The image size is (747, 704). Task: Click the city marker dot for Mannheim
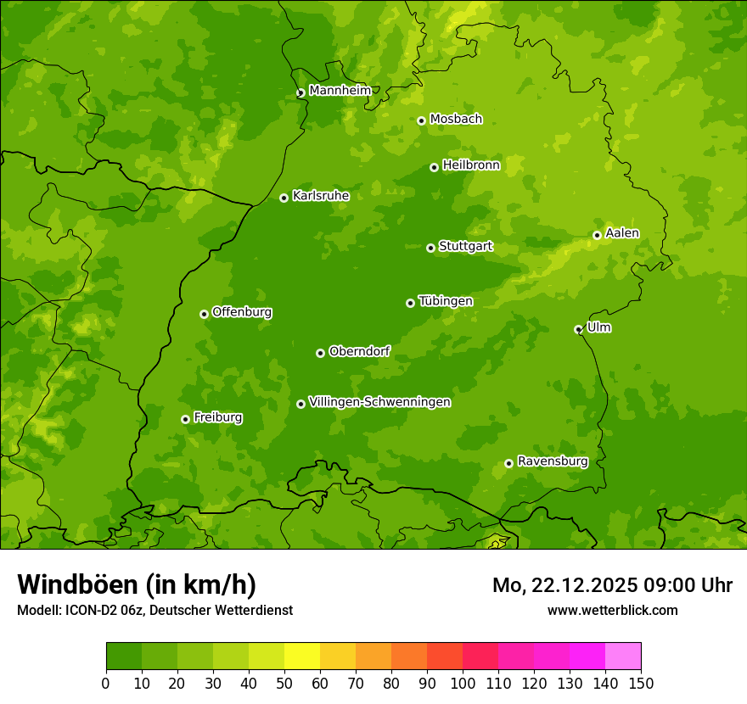coord(300,93)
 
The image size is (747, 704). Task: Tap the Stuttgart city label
coord(465,247)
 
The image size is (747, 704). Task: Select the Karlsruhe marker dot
coord(284,198)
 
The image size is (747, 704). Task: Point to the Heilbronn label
coord(471,165)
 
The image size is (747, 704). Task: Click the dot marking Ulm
coord(578,329)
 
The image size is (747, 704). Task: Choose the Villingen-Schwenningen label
coord(379,402)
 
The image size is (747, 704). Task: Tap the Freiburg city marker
coord(185,419)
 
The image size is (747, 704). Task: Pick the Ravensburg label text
coord(552,461)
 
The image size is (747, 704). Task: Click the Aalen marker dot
coord(597,235)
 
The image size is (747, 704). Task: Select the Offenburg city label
coord(242,312)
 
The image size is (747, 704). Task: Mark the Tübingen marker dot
coord(410,303)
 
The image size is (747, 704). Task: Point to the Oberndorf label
coord(359,351)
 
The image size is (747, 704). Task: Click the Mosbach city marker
coord(421,120)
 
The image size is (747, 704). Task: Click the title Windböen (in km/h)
coord(137,584)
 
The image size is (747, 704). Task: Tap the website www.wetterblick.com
coord(612,611)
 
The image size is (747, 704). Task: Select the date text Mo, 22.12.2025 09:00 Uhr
coord(612,585)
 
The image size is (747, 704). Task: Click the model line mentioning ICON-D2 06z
coord(154,611)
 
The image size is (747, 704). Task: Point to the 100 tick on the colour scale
coord(463,683)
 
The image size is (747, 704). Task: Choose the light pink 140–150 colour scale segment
coord(622,657)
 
